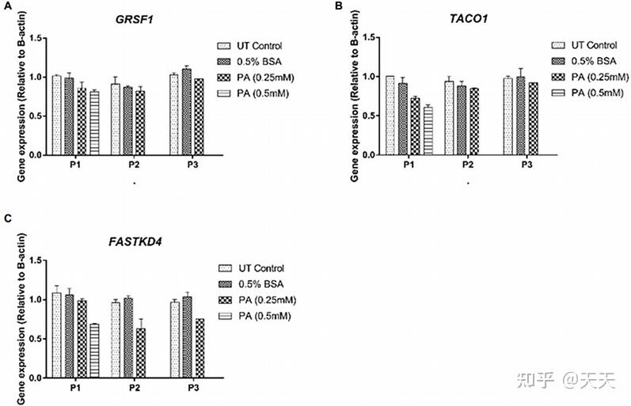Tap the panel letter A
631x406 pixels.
pos(8,6)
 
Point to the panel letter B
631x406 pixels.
pos(340,6)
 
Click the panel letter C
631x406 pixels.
pos(8,216)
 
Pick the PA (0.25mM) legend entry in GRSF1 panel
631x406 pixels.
pos(260,78)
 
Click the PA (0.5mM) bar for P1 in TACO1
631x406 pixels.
pos(428,130)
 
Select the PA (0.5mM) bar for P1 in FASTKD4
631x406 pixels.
pos(94,351)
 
